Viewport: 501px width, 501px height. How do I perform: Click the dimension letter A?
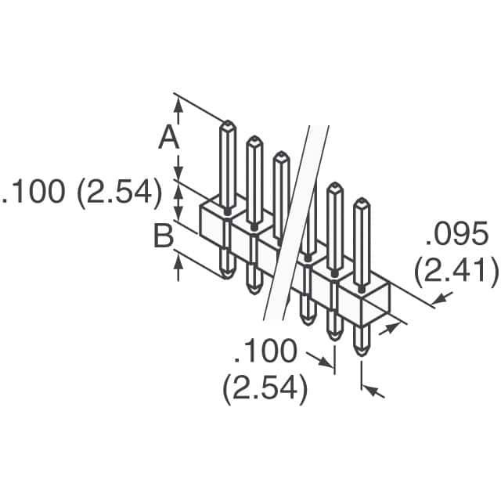click(x=169, y=137)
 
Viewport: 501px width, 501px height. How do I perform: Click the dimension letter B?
click(x=164, y=236)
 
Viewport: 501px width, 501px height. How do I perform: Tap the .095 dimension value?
click(x=457, y=233)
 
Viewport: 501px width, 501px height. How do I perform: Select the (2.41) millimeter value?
click(x=456, y=271)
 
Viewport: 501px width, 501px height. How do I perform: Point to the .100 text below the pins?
click(x=265, y=351)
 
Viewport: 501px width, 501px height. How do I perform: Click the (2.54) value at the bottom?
click(x=265, y=389)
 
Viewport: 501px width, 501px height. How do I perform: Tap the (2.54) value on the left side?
click(x=119, y=192)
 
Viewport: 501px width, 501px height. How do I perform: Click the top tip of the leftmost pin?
click(x=228, y=121)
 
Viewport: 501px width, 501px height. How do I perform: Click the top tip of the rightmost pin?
click(x=362, y=199)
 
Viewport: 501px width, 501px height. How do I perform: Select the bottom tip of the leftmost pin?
click(x=227, y=277)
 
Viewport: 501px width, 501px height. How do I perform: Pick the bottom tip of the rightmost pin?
click(x=362, y=355)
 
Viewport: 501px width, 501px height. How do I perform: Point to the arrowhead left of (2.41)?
click(x=441, y=299)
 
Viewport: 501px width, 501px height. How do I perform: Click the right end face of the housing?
click(x=376, y=298)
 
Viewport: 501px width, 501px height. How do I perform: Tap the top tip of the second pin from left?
click(x=254, y=137)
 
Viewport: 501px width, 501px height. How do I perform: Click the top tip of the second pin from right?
click(x=334, y=183)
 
